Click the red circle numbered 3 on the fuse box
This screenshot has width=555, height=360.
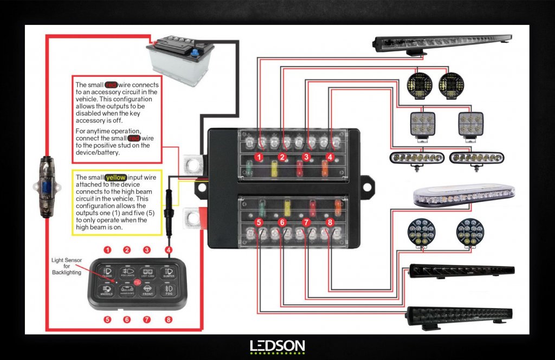pos(306,157)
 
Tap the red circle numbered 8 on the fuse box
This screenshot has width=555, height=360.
pos(330,222)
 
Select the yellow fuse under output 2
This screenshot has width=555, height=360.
pos(274,169)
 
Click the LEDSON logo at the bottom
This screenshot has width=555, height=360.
pos(277,346)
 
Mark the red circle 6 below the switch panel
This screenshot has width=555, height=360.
pos(127,319)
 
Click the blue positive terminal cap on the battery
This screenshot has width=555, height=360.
pos(193,53)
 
